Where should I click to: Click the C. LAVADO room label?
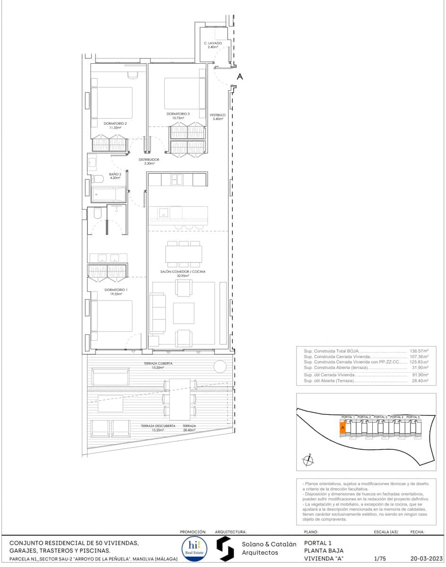pyautogui.click(x=213, y=43)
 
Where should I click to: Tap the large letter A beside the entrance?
pyautogui.click(x=239, y=77)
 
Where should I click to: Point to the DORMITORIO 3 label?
pyautogui.click(x=178, y=114)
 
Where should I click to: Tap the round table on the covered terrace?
pyautogui.click(x=220, y=366)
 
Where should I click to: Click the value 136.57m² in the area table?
pyautogui.click(x=419, y=352)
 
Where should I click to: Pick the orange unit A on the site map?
pyautogui.click(x=343, y=428)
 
